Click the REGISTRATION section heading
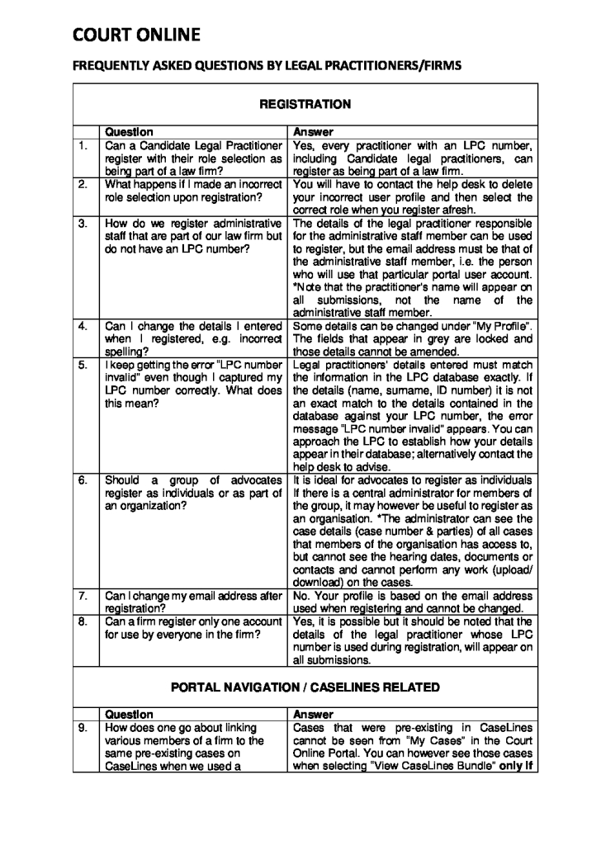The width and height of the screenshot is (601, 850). [x=305, y=104]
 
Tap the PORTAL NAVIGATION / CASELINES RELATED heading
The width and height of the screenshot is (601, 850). [x=305, y=687]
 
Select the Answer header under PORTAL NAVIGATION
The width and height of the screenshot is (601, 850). [x=313, y=714]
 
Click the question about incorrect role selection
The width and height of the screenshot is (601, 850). [x=193, y=191]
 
